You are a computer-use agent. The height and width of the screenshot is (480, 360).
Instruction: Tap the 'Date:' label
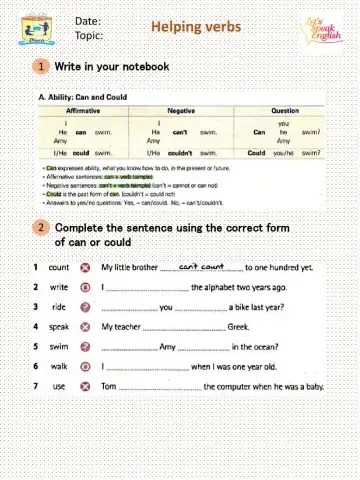[x=88, y=20]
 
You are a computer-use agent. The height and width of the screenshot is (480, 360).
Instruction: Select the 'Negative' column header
[x=181, y=110]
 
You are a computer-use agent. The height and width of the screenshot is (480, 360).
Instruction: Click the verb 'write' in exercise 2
[x=59, y=287]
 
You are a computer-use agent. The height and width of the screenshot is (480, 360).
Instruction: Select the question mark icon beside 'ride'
[x=86, y=307]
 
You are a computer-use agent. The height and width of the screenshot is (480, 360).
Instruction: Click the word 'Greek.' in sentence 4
[x=238, y=327]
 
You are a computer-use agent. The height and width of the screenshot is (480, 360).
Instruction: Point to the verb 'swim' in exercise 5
[x=59, y=346]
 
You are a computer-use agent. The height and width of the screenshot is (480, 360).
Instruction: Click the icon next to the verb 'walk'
[x=86, y=366]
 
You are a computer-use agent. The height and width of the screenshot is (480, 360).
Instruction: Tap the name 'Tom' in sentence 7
[x=109, y=386]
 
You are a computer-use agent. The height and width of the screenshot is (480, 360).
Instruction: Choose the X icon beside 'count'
[x=86, y=268]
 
